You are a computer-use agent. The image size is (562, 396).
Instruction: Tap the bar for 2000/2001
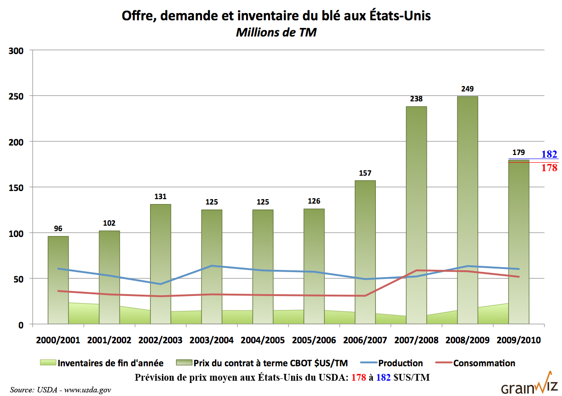pyautogui.click(x=58, y=280)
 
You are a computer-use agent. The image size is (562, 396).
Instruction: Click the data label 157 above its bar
pyautogui.click(x=365, y=173)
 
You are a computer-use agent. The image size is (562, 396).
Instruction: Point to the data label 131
pyautogui.click(x=160, y=197)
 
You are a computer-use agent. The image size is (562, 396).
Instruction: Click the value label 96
pyautogui.click(x=58, y=229)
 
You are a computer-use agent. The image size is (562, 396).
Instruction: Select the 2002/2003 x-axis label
pyautogui.click(x=160, y=340)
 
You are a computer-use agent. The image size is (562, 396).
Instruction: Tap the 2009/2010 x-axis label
pyautogui.click(x=518, y=340)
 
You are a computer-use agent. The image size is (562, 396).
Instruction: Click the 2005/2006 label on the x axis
pyautogui.click(x=314, y=340)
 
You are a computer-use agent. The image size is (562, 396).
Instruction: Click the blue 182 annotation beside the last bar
pyautogui.click(x=549, y=154)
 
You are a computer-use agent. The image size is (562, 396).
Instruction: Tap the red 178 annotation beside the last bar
pyautogui.click(x=549, y=168)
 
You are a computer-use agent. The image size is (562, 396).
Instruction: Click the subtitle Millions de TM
pyautogui.click(x=276, y=32)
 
